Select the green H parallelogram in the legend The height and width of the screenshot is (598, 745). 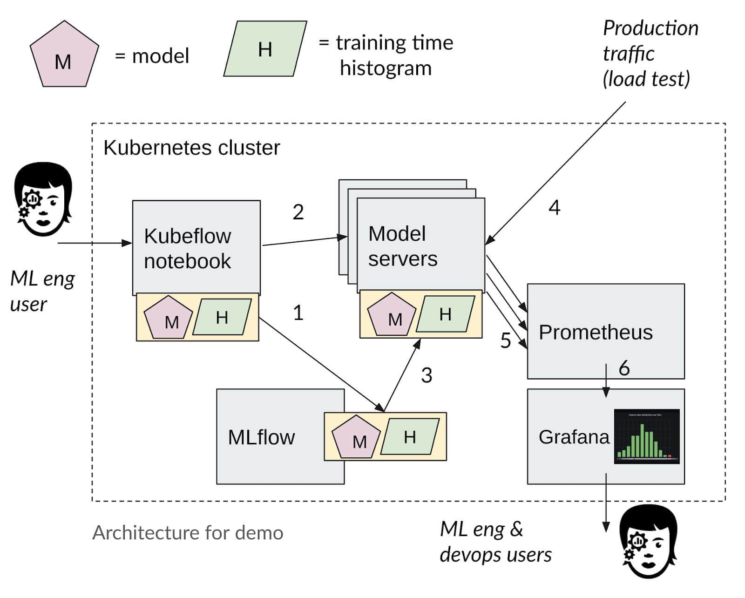(x=265, y=48)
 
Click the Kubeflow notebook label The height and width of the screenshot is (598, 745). (x=187, y=248)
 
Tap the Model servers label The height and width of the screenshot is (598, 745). (x=403, y=246)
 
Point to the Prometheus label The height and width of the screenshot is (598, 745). (x=596, y=332)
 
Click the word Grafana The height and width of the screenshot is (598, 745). (x=574, y=437)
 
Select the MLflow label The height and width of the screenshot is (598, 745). (x=261, y=437)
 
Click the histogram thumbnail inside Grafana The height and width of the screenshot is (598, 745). (x=647, y=436)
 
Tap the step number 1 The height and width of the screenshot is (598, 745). (x=298, y=313)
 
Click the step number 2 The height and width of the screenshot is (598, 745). (x=298, y=212)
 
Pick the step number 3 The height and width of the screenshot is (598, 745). (x=427, y=375)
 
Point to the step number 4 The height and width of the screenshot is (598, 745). (x=554, y=207)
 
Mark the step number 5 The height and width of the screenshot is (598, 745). (x=506, y=340)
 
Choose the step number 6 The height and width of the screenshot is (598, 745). (x=624, y=368)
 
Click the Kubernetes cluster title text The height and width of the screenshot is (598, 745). (x=191, y=148)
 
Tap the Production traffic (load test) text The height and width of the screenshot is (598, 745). (x=650, y=54)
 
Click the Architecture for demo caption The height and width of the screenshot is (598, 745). (x=188, y=532)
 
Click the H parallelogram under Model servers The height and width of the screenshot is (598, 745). (x=445, y=314)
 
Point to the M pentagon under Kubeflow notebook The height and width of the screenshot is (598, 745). (x=169, y=318)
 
